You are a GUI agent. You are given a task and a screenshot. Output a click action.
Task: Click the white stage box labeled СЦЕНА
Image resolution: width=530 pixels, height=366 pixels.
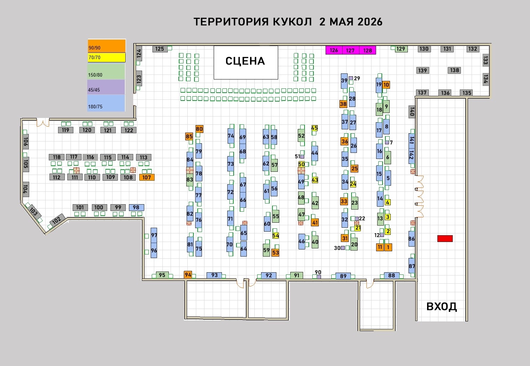(246, 62)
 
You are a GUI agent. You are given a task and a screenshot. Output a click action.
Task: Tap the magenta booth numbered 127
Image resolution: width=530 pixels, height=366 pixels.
(350, 50)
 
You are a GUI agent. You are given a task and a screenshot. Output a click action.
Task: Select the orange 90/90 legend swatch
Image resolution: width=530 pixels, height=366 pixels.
(107, 46)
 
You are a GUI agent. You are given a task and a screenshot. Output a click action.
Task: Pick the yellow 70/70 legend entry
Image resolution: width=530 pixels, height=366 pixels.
(107, 57)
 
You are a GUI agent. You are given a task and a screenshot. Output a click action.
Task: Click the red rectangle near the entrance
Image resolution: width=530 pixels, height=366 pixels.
(445, 238)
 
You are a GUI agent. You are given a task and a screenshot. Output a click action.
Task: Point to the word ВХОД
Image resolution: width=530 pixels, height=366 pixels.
(442, 306)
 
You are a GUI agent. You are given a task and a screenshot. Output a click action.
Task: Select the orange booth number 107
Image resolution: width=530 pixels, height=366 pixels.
(147, 177)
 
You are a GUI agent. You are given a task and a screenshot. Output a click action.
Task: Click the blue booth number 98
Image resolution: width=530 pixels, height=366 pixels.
(136, 207)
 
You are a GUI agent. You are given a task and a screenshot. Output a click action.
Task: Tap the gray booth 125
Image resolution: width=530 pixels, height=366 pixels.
(160, 49)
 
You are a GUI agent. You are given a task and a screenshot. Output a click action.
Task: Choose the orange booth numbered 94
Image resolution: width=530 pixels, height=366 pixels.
(188, 275)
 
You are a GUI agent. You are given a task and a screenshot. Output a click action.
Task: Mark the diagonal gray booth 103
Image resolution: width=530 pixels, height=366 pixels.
(34, 211)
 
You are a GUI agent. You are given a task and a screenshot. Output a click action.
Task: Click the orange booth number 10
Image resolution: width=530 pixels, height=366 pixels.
(386, 85)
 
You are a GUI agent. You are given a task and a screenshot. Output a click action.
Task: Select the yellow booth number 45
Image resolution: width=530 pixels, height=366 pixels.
(315, 128)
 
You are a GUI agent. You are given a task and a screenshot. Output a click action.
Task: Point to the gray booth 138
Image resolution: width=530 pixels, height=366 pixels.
(454, 70)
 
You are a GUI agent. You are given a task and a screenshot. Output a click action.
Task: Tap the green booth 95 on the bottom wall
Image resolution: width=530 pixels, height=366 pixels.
(162, 275)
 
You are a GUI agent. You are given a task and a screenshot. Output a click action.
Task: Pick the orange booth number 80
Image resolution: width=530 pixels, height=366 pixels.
(199, 129)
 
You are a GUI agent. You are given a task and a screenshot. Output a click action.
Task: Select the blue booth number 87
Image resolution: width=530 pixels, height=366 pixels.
(411, 266)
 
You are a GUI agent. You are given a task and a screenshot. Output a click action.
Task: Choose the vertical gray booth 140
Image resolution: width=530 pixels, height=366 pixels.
(412, 112)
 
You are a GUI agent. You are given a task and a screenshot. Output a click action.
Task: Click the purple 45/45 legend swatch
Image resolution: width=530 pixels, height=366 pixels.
(106, 87)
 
